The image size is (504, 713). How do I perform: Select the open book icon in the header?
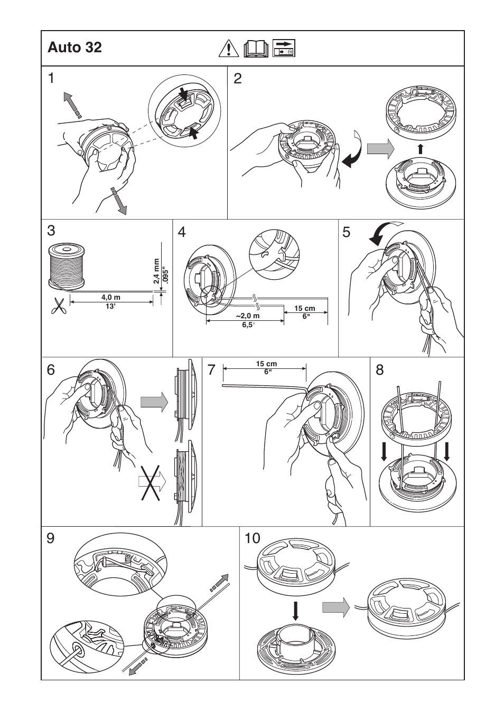257,49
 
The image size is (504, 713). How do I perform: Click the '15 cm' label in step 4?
305,308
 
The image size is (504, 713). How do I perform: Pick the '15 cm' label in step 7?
266,364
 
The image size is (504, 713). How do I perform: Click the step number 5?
347,232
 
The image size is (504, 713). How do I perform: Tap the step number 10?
253,538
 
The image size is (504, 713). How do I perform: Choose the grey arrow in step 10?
337,607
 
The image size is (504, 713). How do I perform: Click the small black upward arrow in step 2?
420,149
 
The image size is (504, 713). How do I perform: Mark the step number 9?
51,538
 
